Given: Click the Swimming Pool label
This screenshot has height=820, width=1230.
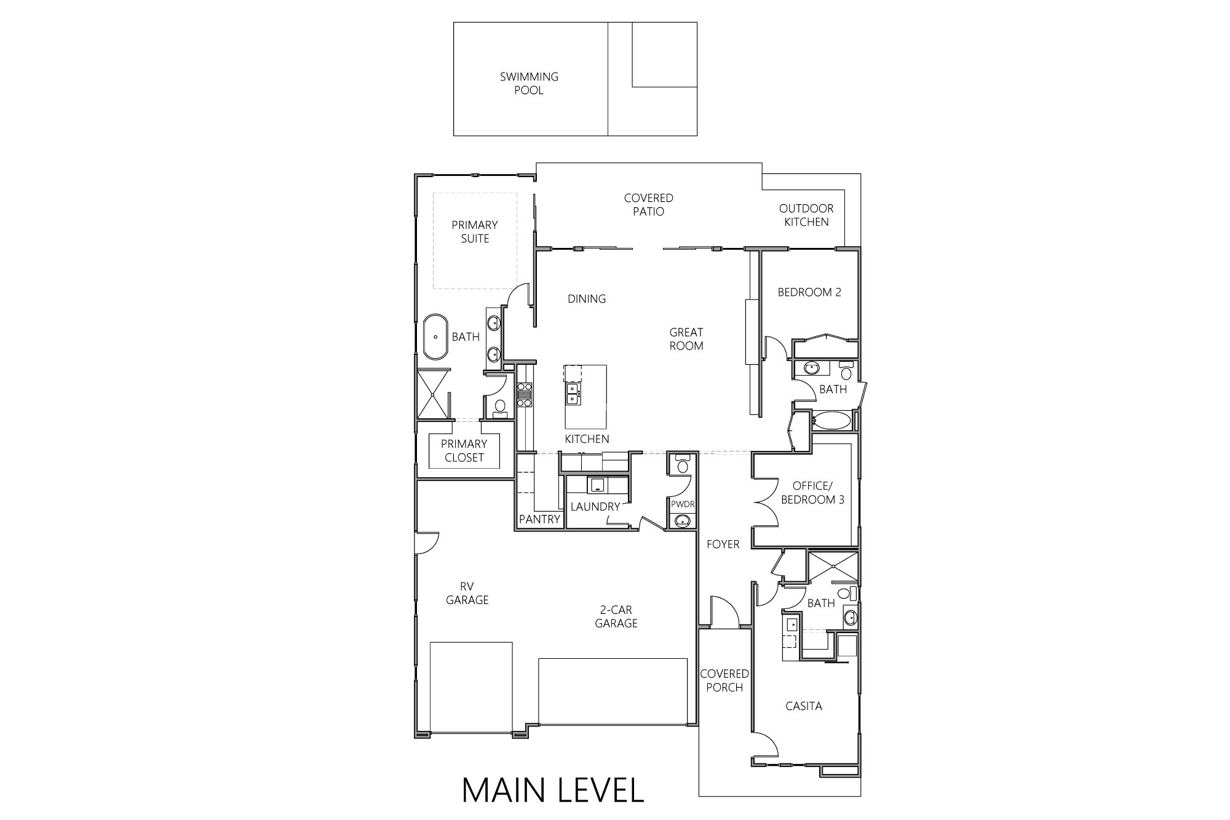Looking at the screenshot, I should (x=529, y=84).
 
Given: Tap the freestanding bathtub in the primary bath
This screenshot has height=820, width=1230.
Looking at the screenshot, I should (x=435, y=337).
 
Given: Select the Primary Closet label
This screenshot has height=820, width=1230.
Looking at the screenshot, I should (x=464, y=451).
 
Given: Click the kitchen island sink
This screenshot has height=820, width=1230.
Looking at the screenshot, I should (x=573, y=394).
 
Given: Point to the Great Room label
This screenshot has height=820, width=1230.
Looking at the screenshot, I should (x=686, y=339).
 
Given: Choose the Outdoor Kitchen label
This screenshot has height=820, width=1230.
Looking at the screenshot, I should (x=806, y=215).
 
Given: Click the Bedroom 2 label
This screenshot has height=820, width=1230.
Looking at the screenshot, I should (x=809, y=292).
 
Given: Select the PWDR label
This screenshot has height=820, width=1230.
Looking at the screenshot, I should (x=682, y=504).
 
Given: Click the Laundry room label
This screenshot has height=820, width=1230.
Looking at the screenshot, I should (x=595, y=507).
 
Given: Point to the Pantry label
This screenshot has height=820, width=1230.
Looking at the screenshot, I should (x=539, y=519).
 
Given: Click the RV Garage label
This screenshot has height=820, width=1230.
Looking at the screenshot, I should (x=467, y=593).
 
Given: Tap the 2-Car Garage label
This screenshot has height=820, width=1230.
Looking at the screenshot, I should (x=616, y=616).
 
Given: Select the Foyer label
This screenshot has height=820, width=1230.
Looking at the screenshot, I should (x=723, y=544).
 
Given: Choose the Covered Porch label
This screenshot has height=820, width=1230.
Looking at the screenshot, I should (x=724, y=680).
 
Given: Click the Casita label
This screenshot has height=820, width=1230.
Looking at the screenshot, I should (x=804, y=706).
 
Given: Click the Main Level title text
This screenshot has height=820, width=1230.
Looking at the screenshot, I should (x=553, y=790).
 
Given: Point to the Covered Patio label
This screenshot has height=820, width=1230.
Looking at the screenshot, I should (x=648, y=205).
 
